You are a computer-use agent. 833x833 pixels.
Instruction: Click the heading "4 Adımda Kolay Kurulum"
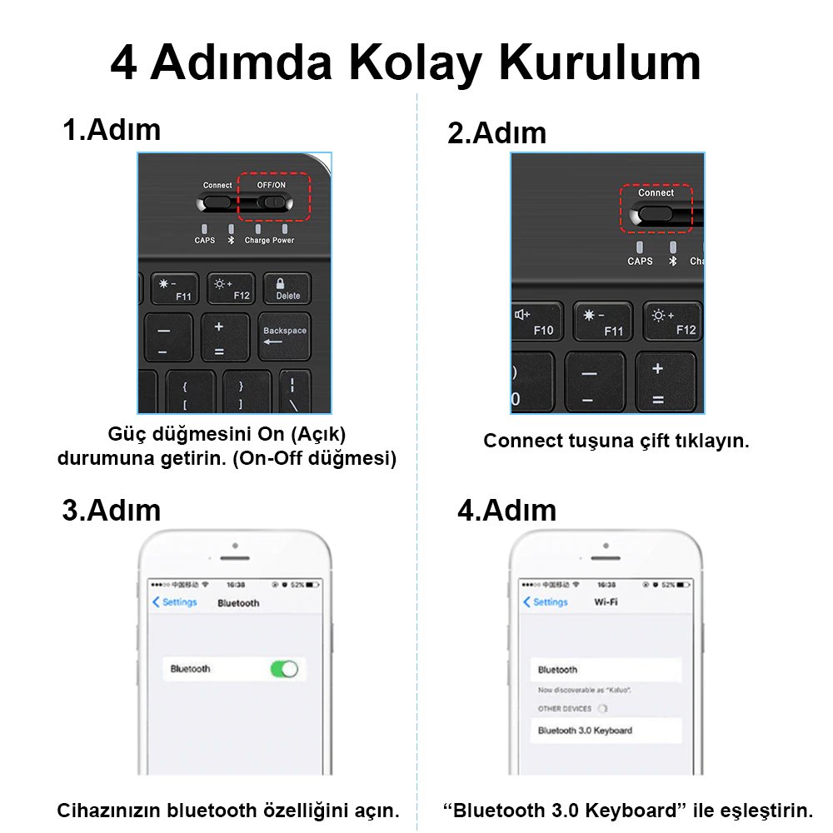pyautogui.click(x=406, y=62)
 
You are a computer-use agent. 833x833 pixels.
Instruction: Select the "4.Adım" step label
pyautogui.click(x=506, y=510)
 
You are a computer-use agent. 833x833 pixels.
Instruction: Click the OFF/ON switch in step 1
pyautogui.click(x=272, y=202)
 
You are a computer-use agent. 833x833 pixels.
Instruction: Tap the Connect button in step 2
pyautogui.click(x=655, y=214)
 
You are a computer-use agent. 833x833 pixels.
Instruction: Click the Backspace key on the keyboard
pyautogui.click(x=284, y=337)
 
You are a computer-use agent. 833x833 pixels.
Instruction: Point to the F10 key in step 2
pyautogui.click(x=535, y=322)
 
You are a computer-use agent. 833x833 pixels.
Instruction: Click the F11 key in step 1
pyautogui.click(x=173, y=289)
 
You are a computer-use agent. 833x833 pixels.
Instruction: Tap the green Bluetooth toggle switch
pyautogui.click(x=284, y=669)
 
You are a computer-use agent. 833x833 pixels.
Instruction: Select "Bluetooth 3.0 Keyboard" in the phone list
pyautogui.click(x=585, y=731)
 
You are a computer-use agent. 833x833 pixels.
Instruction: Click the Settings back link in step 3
pyautogui.click(x=175, y=602)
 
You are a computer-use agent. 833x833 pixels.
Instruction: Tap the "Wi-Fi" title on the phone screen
pyautogui.click(x=606, y=602)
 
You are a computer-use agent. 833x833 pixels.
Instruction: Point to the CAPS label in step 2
pyautogui.click(x=640, y=261)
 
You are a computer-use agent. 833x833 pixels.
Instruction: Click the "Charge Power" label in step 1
pyautogui.click(x=269, y=240)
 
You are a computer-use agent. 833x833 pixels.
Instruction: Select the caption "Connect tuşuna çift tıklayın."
pyautogui.click(x=616, y=441)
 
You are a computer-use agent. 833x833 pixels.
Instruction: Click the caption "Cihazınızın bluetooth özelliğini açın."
pyautogui.click(x=227, y=810)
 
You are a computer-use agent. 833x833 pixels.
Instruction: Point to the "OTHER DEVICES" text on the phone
pyautogui.click(x=565, y=709)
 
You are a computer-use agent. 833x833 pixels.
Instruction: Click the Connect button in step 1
pyautogui.click(x=217, y=202)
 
